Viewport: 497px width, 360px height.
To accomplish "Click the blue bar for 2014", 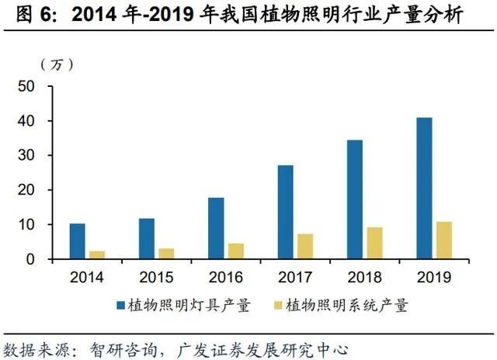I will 77,241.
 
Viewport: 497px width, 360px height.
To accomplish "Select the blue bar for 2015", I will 146,239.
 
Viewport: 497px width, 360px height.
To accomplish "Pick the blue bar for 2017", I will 285,212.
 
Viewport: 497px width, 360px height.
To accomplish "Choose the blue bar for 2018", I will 354,199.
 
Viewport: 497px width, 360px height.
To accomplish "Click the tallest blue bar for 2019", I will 424,189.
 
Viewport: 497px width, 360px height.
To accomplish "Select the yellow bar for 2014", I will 97,255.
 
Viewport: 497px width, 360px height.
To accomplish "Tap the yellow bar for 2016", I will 235,251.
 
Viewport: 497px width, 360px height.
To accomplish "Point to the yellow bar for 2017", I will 305,247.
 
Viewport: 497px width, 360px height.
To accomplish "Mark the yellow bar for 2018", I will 374,243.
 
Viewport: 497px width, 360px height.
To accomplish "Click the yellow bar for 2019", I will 443,241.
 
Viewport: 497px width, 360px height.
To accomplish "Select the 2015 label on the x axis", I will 156,276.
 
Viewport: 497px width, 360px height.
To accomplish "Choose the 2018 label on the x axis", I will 364,276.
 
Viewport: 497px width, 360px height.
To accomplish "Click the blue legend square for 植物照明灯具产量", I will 121,306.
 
